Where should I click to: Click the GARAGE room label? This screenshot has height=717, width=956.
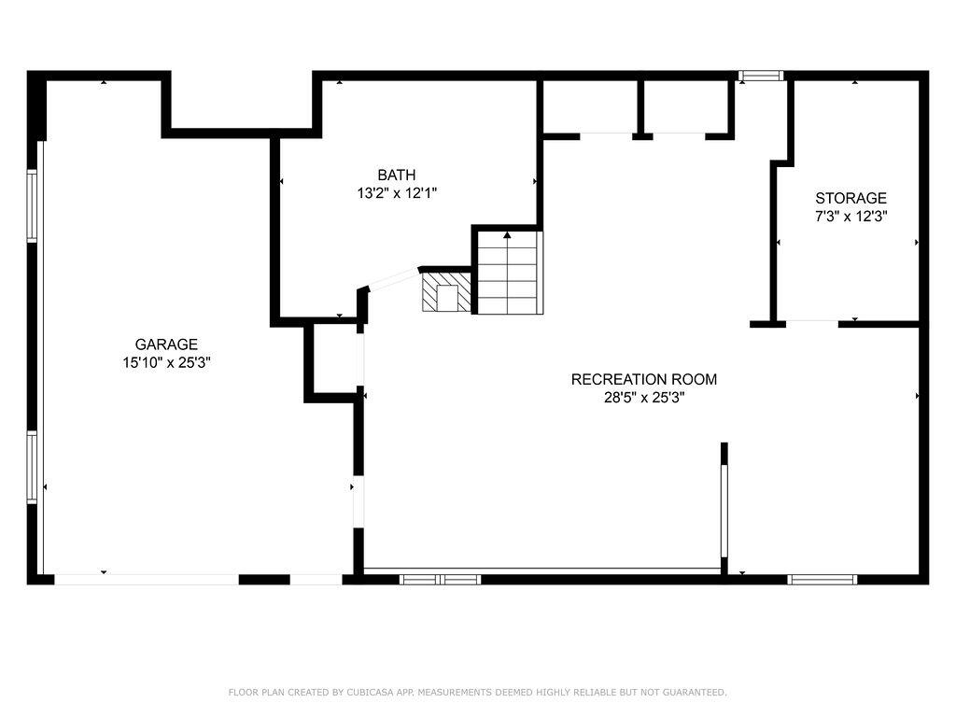(x=166, y=344)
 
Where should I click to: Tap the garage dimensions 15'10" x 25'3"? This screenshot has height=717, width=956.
(x=166, y=363)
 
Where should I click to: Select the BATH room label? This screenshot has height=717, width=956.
(x=397, y=175)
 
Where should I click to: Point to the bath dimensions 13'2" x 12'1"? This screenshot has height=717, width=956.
(x=397, y=193)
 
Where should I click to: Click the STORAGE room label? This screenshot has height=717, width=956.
(x=851, y=198)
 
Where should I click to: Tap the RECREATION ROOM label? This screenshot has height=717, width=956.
(x=644, y=379)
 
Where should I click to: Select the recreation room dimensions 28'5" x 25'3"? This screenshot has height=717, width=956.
(x=644, y=398)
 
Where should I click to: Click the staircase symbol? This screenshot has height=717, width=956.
(x=509, y=272)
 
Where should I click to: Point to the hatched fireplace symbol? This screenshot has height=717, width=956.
(x=446, y=291)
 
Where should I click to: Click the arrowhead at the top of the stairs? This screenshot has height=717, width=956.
(x=507, y=235)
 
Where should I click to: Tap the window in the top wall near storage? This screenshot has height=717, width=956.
(x=760, y=76)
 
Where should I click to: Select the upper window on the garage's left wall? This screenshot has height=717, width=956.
(x=32, y=205)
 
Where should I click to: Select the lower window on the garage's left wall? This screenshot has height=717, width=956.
(x=32, y=468)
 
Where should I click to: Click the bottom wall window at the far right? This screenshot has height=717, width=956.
(x=822, y=580)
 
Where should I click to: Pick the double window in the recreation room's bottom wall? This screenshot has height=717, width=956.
(x=440, y=580)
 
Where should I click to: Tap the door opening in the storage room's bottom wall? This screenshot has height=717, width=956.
(x=812, y=323)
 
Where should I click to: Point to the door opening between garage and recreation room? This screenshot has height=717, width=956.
(x=358, y=504)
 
